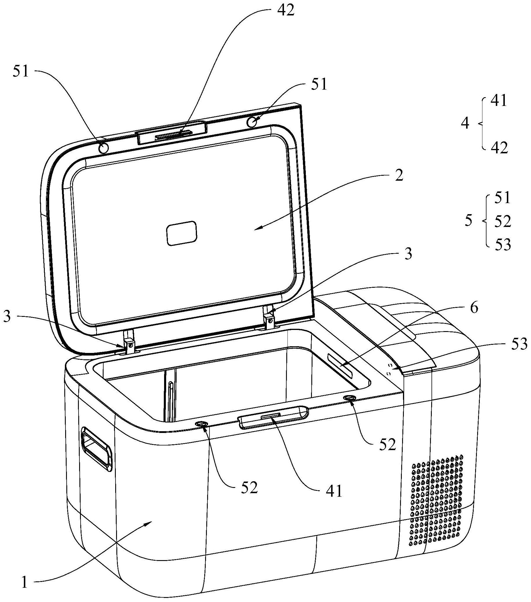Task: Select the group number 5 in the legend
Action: [x=468, y=221]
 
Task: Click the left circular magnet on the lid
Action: [x=104, y=148]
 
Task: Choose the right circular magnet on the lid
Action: [x=252, y=122]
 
